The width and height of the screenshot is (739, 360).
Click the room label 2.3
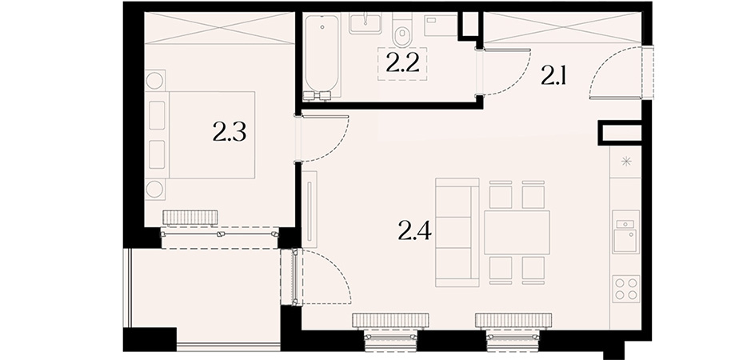tap(230, 133)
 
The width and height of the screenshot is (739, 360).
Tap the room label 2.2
tap(402, 64)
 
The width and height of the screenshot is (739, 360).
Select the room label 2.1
tap(553, 76)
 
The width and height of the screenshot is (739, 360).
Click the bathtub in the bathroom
tap(322, 58)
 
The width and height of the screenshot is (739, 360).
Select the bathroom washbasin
tap(366, 23)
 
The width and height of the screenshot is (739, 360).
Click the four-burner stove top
tap(626, 289)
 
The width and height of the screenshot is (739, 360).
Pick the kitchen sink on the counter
tap(626, 232)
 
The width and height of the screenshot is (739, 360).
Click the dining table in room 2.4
tap(517, 232)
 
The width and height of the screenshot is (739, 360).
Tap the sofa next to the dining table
tap(457, 233)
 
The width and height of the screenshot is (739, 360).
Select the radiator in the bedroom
tap(190, 218)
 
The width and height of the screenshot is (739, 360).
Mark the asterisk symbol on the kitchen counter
tap(626, 162)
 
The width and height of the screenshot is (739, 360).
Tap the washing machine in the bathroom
tap(441, 25)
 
